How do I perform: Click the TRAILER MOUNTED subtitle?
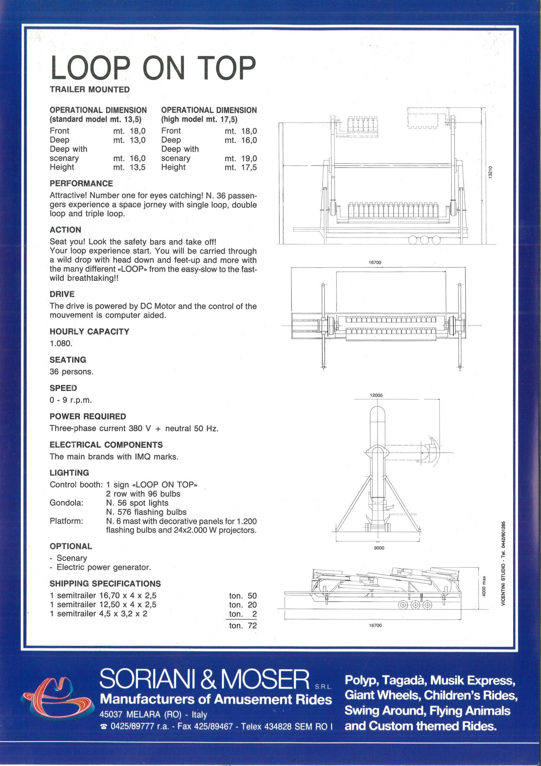(x=90, y=90)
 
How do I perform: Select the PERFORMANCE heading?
(x=81, y=184)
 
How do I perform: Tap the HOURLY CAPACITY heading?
(x=89, y=332)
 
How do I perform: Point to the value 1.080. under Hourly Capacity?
(x=61, y=344)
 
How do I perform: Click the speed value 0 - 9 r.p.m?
(x=71, y=400)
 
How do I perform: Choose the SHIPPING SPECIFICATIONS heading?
(x=105, y=584)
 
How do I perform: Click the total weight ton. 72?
(x=243, y=626)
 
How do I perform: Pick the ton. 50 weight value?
(x=243, y=596)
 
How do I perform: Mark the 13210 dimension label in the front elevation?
(x=490, y=172)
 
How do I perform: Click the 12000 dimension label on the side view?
(x=376, y=395)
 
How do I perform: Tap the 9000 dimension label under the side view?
(x=379, y=548)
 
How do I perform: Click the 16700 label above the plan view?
(x=375, y=263)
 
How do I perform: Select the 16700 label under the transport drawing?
(x=375, y=625)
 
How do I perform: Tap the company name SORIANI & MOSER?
(x=204, y=679)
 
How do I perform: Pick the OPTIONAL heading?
(x=71, y=546)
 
